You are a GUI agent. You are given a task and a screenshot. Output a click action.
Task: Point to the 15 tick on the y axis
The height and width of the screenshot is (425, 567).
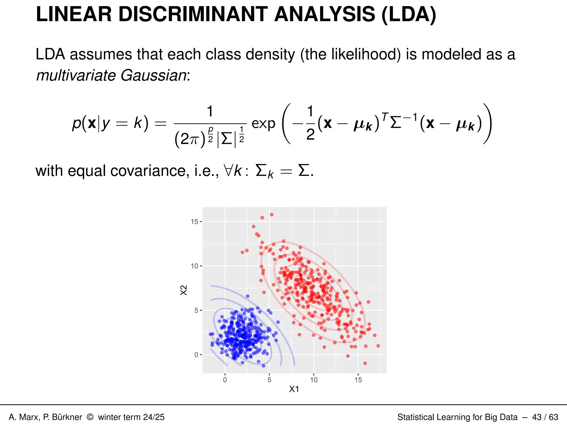[195, 222]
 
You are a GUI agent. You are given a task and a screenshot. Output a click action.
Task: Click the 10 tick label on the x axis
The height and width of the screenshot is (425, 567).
[314, 380]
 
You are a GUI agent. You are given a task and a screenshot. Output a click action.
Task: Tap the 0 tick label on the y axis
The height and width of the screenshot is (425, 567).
[196, 355]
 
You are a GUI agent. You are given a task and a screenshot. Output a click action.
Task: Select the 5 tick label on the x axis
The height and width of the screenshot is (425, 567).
[269, 380]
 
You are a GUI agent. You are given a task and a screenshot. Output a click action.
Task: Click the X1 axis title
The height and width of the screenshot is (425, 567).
[294, 389]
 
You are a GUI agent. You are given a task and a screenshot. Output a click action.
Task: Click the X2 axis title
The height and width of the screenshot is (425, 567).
[184, 290]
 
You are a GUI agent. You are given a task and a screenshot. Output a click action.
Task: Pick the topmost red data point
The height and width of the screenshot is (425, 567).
[272, 215]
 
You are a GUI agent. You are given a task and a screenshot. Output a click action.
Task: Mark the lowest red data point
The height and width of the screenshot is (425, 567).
[365, 363]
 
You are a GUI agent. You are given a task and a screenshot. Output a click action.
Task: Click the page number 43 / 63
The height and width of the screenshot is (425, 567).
[545, 417]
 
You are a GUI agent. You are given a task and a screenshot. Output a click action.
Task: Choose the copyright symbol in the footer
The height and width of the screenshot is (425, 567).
[90, 417]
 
